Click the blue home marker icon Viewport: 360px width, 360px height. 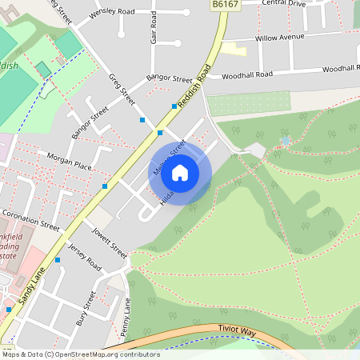point(180,172)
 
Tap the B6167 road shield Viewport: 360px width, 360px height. point(225,5)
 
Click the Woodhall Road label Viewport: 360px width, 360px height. point(247,74)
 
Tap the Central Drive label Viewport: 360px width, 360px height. point(284,2)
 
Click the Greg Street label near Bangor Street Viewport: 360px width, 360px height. point(122,89)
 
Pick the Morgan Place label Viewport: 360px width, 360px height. point(70,160)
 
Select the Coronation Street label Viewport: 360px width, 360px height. point(30,220)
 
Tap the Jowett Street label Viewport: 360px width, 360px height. point(109,239)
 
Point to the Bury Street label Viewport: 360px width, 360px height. point(86,309)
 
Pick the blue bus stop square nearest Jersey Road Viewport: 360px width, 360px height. point(58,260)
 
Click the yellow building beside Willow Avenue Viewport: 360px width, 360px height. point(233,50)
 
